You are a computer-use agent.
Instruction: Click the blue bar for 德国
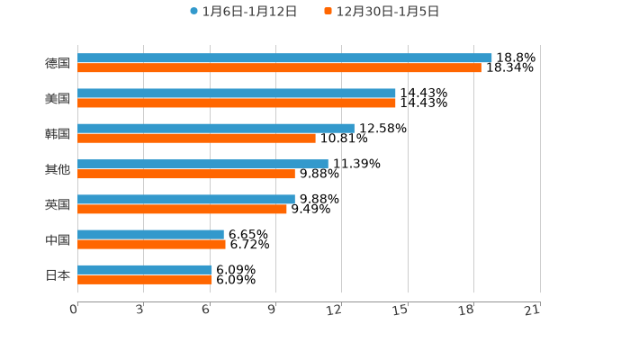click(284, 58)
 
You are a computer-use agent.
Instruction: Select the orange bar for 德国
click(279, 67)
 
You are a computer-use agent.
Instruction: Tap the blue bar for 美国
click(237, 93)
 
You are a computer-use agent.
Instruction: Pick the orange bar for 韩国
click(196, 138)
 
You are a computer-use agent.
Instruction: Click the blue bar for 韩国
click(216, 128)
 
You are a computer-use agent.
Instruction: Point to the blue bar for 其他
click(202, 164)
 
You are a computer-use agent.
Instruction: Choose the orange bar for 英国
click(182, 209)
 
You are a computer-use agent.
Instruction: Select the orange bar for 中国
click(151, 244)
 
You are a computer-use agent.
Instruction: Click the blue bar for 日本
click(145, 269)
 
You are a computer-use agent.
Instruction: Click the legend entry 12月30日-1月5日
click(387, 12)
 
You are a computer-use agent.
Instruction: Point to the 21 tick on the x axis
click(532, 310)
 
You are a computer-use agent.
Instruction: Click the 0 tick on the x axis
click(74, 310)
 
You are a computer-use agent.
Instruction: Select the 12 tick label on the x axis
click(334, 310)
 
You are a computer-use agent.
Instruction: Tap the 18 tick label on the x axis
click(466, 310)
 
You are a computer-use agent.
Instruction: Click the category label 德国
click(58, 63)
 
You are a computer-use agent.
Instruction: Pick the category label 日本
click(58, 274)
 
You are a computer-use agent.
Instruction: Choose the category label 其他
click(58, 169)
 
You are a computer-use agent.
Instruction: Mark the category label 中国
click(58, 239)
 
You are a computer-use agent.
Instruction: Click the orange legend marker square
click(328, 12)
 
